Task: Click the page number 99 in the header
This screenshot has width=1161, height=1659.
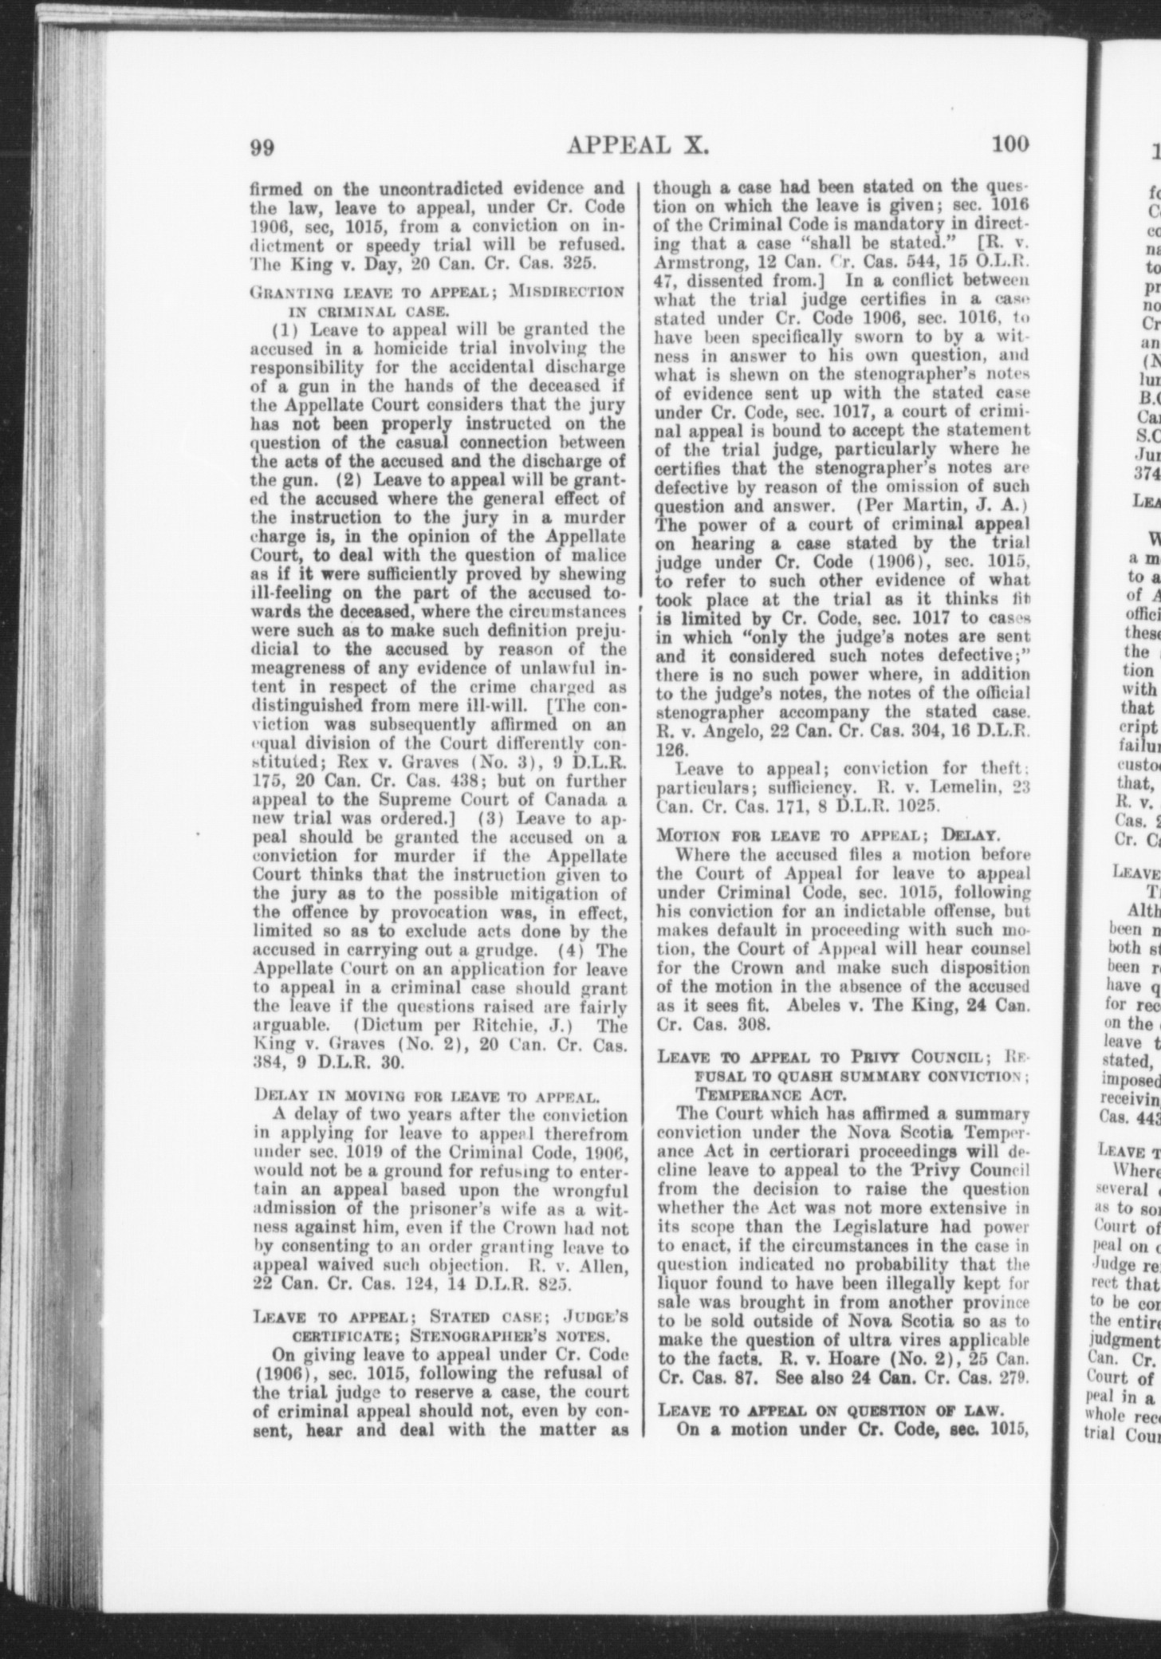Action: pos(264,147)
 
